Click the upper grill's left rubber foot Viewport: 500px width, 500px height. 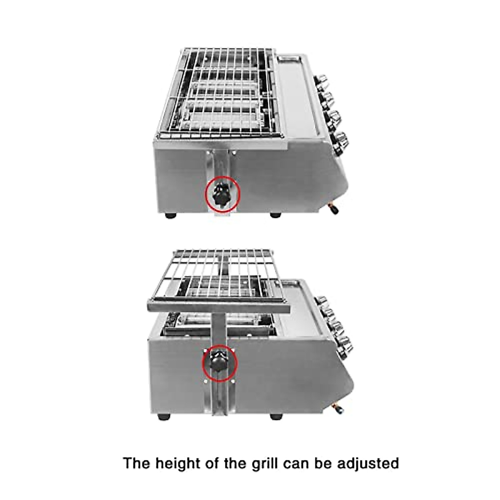(x=170, y=216)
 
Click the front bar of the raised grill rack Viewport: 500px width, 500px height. (x=218, y=308)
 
